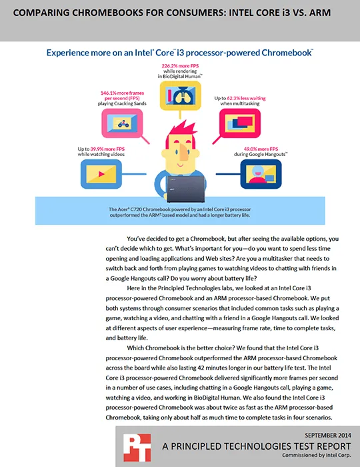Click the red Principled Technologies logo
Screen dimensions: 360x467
[x=137, y=448]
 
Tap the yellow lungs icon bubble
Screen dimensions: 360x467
[x=180, y=95]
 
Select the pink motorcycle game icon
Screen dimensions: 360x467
[x=122, y=123]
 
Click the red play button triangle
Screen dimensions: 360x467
[x=101, y=174]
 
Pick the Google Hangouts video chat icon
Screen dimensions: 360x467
[x=261, y=174]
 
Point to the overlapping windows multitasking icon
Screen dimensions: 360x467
[x=240, y=123]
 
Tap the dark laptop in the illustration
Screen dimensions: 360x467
[x=185, y=189]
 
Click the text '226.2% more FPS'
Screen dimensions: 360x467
[x=180, y=66]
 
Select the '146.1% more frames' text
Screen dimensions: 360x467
[x=122, y=93]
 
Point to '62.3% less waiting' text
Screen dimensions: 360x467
[x=246, y=98]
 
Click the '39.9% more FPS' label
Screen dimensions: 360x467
[x=107, y=149]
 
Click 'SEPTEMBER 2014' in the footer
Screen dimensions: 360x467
[x=328, y=435]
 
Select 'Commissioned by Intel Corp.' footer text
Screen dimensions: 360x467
[x=317, y=455]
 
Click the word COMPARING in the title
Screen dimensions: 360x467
[x=41, y=13]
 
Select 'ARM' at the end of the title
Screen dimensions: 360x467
[x=320, y=13]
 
